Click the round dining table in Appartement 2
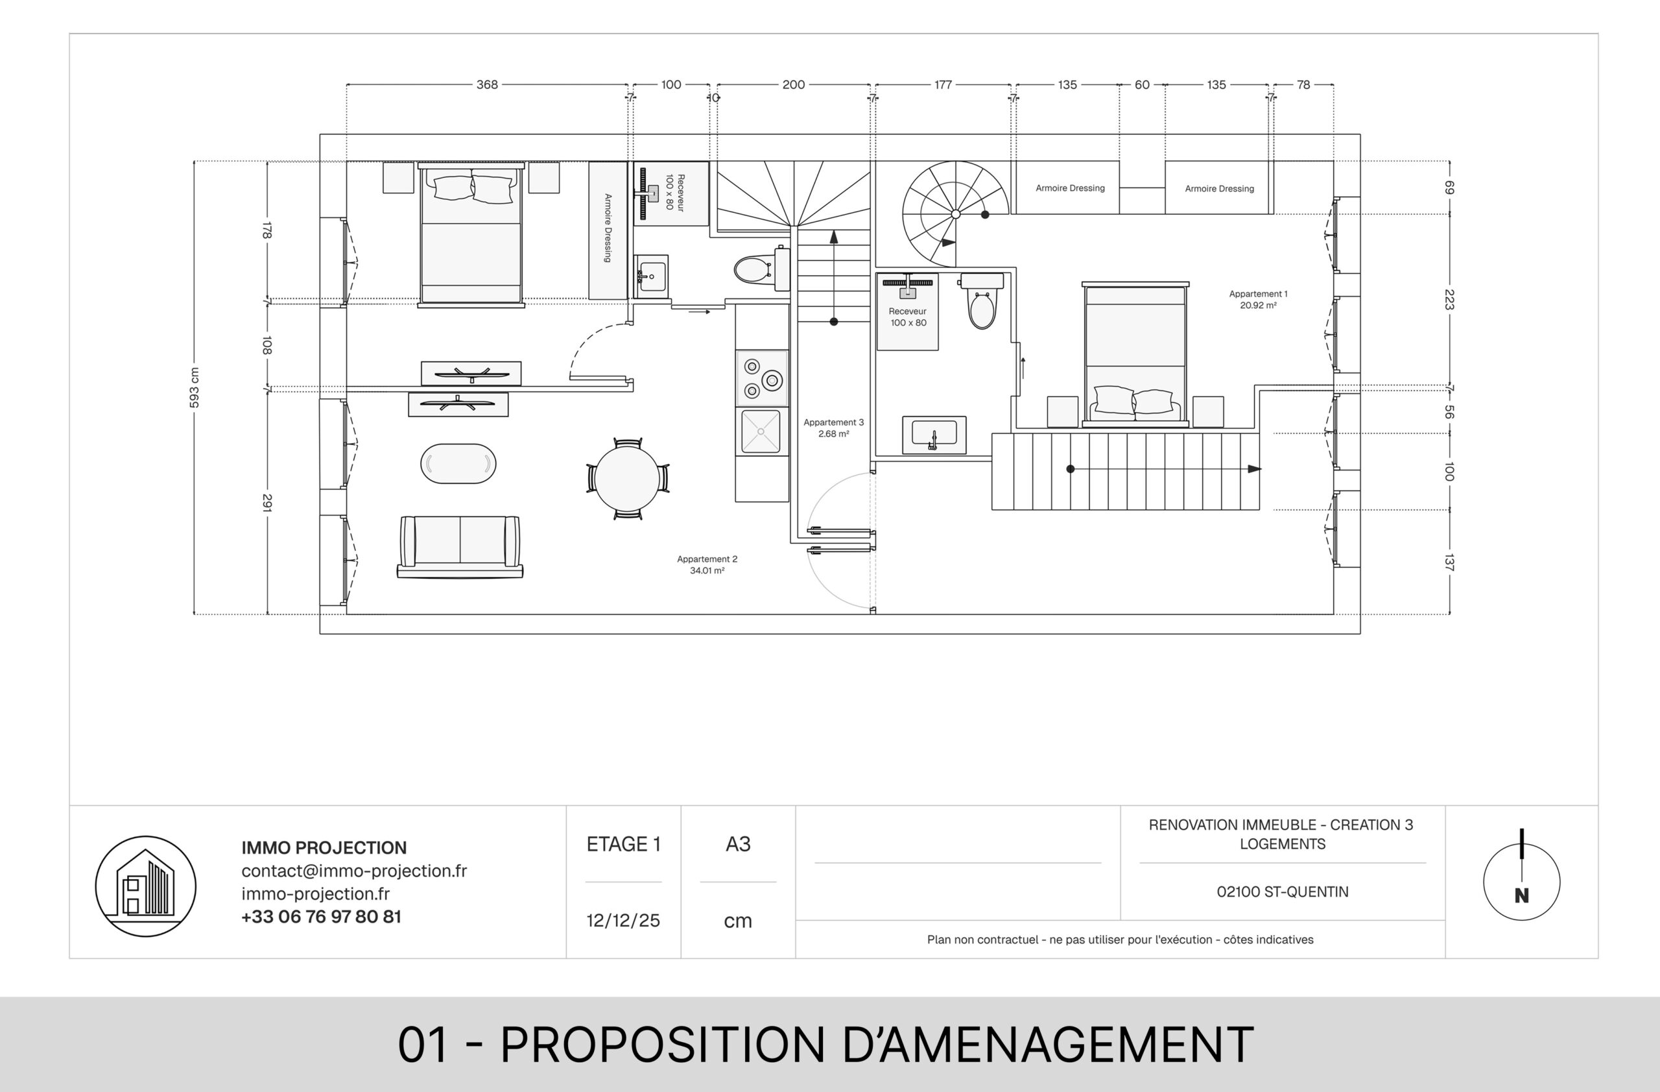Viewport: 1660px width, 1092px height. (x=627, y=479)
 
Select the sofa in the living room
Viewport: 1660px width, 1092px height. (x=460, y=546)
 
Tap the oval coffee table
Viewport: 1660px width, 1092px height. (x=458, y=463)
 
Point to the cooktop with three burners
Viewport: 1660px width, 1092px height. (x=762, y=378)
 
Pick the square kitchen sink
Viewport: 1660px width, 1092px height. (x=761, y=431)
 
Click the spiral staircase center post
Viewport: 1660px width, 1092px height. (x=956, y=214)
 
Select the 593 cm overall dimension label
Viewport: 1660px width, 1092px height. (x=195, y=388)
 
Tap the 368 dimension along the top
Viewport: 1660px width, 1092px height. (x=487, y=84)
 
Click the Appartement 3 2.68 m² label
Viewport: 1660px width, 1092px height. (x=833, y=428)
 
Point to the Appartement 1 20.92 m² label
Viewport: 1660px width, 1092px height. (x=1258, y=299)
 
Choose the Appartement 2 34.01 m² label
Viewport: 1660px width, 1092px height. (x=707, y=564)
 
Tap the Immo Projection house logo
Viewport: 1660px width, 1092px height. (x=146, y=886)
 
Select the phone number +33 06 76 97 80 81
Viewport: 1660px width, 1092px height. (x=322, y=916)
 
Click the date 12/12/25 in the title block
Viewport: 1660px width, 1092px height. (x=623, y=920)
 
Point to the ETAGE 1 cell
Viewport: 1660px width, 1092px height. (x=624, y=844)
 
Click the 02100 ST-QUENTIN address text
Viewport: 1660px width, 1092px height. (x=1282, y=892)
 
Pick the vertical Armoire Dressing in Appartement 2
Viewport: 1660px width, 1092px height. (x=608, y=231)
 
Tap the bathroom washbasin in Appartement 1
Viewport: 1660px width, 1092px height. (x=934, y=435)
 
